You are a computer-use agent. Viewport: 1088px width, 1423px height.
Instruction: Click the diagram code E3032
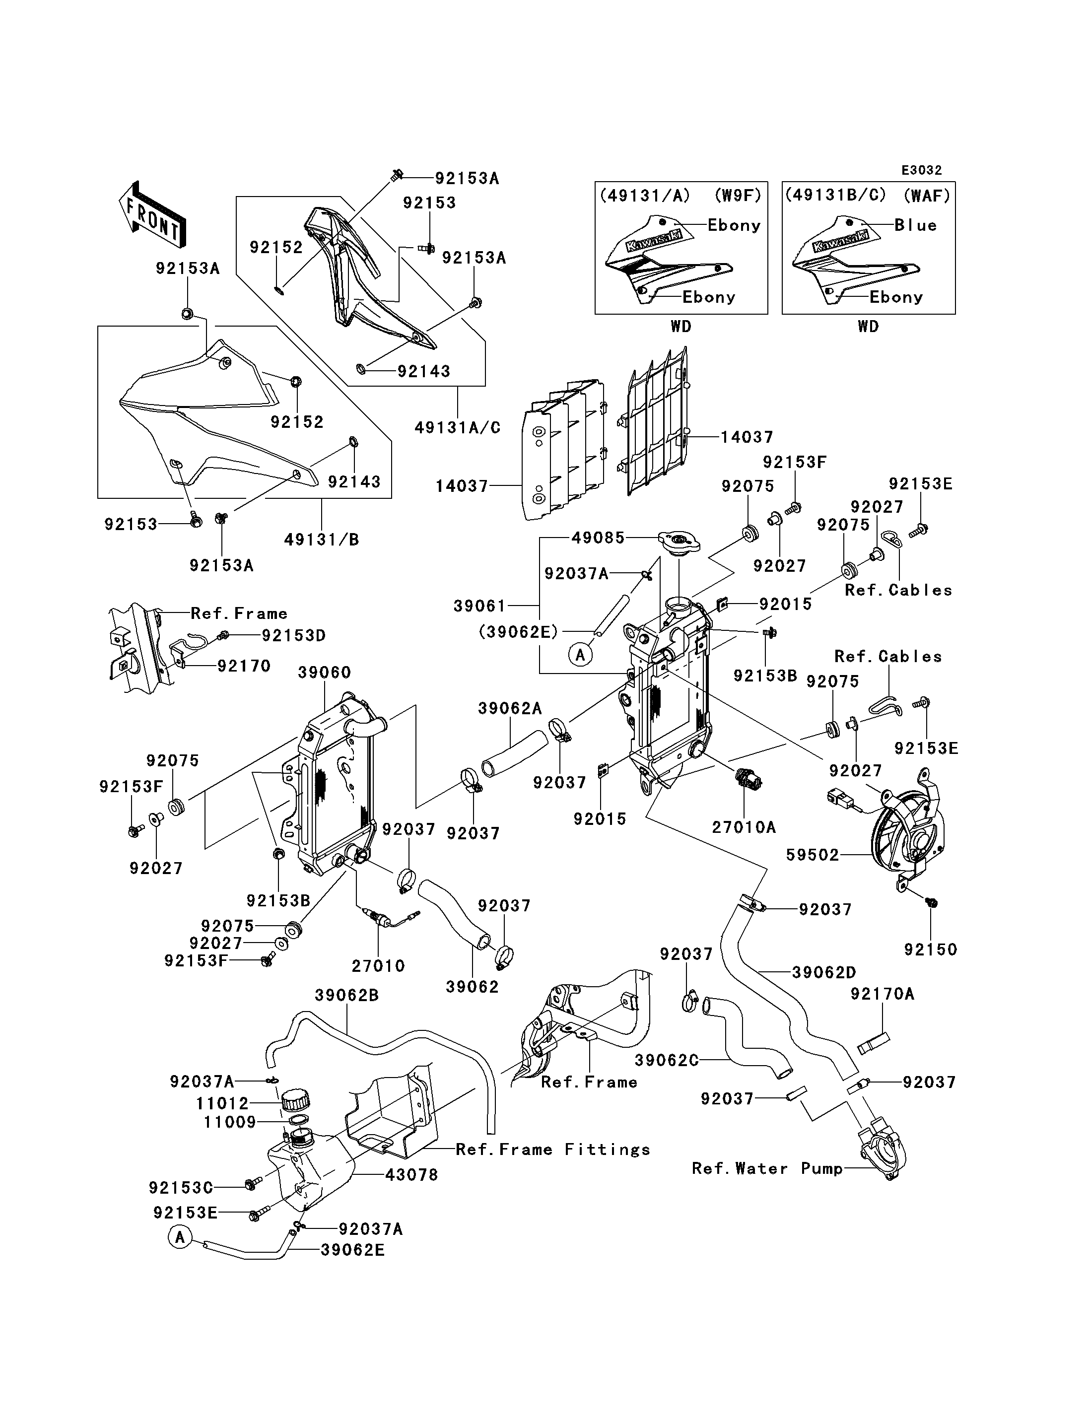click(x=922, y=170)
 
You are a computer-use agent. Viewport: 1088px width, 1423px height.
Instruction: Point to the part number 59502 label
click(x=812, y=855)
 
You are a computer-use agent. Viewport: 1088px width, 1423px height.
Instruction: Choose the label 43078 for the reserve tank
click(x=411, y=1174)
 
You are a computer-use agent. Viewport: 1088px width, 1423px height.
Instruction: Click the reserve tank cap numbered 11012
click(x=295, y=1098)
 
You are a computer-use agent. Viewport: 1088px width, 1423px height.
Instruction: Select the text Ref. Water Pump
click(x=767, y=1168)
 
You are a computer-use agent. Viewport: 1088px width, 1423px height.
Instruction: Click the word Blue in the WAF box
click(x=916, y=225)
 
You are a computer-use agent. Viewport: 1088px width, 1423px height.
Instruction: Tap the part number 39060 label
click(x=325, y=673)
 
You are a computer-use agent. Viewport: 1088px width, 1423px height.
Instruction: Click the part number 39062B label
click(x=346, y=995)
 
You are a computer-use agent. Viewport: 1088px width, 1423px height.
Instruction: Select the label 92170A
click(x=882, y=994)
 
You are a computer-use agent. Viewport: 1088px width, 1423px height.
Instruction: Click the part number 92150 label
click(x=930, y=949)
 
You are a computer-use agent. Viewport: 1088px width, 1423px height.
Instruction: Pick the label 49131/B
click(x=321, y=539)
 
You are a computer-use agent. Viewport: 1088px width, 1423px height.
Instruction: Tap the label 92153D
click(x=293, y=635)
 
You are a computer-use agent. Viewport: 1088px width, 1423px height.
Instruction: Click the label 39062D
click(x=824, y=972)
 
